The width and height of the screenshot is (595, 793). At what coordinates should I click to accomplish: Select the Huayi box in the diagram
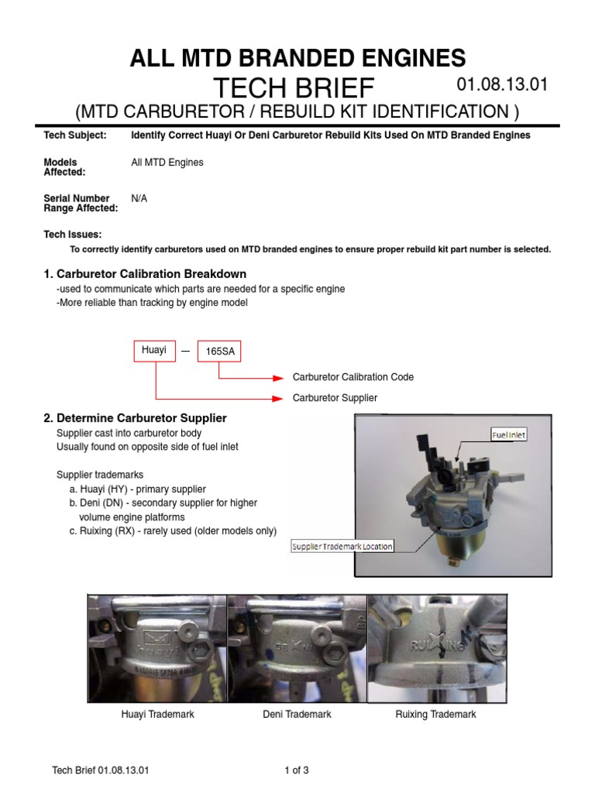tap(154, 350)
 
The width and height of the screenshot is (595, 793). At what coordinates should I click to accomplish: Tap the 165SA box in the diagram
tap(219, 352)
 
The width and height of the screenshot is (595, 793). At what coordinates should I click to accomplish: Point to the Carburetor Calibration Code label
tap(353, 377)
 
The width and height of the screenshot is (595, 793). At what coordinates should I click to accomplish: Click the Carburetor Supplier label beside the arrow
tap(335, 398)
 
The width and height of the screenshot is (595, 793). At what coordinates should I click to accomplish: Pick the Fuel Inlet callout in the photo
tap(509, 435)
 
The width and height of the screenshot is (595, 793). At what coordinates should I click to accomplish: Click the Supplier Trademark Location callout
tap(342, 546)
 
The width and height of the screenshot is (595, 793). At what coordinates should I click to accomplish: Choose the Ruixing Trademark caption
tap(435, 714)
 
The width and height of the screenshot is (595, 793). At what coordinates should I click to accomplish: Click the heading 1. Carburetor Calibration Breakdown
tap(145, 274)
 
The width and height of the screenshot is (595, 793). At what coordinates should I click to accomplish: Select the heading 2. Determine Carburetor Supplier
tap(135, 418)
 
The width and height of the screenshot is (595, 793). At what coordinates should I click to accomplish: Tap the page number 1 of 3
tap(297, 770)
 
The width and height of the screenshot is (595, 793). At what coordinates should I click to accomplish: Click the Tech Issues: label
tap(72, 235)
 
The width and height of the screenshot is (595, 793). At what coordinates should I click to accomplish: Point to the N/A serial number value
tap(139, 198)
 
